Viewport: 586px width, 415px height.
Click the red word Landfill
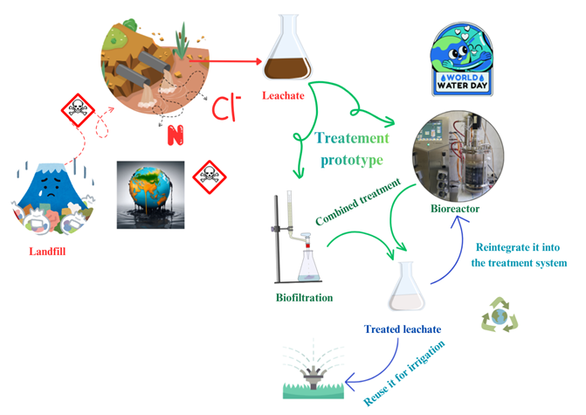[51, 253]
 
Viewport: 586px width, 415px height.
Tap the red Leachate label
[285, 96]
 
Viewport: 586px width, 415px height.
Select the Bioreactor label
[455, 210]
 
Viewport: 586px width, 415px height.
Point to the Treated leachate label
[403, 329]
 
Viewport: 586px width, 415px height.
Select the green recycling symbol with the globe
[500, 315]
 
